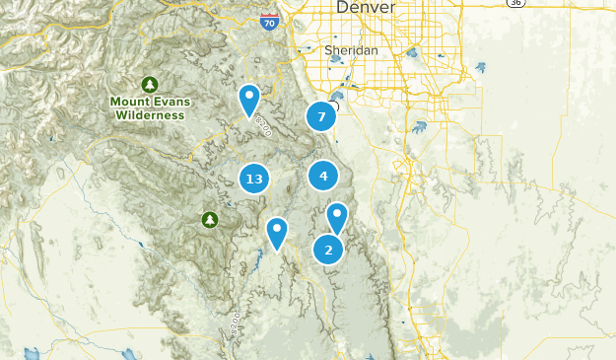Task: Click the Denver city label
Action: pos(366,8)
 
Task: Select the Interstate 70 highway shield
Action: pos(269,20)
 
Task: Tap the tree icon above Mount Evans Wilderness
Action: pos(150,83)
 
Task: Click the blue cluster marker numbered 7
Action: pos(321,116)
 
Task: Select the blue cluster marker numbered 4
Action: pos(323,176)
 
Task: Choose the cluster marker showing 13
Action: pos(254,179)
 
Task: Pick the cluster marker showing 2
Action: pos(328,250)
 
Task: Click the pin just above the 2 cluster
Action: pos(338,217)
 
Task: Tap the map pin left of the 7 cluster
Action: pos(249,99)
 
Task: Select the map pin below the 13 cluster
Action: pos(277,233)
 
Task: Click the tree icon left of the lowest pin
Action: pos(209,218)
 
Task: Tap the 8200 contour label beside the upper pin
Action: pos(263,124)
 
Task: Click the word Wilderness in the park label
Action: pos(150,114)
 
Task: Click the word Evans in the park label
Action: pos(168,101)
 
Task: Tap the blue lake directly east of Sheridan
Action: pos(411,53)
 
